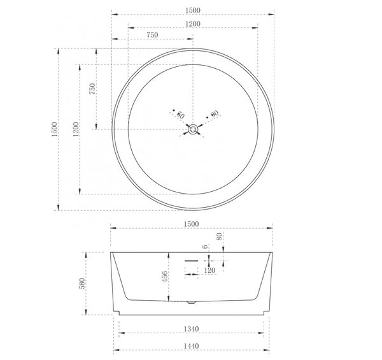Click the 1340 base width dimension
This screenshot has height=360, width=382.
[x=191, y=329]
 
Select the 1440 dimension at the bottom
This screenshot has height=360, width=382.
[x=191, y=346]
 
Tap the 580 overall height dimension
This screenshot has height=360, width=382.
[x=82, y=284]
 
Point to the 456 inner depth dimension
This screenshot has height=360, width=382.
[x=165, y=277]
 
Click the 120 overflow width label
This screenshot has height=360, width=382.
[x=209, y=270]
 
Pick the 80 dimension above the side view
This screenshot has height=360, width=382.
[x=220, y=236]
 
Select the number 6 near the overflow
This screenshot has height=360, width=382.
[x=206, y=247]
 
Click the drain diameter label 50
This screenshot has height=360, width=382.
[x=180, y=115]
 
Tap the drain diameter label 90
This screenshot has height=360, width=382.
[x=215, y=113]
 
